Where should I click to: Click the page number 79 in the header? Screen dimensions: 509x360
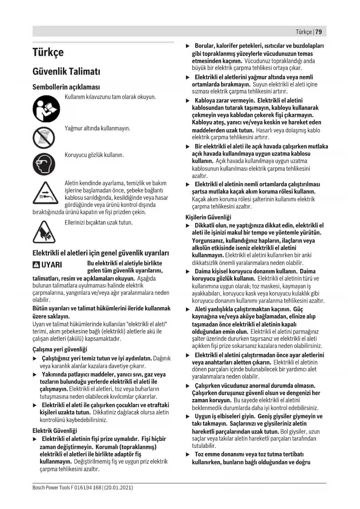(x=319, y=32)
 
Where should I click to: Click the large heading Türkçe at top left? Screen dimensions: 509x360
(x=48, y=52)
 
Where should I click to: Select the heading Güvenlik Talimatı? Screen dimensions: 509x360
(x=66, y=71)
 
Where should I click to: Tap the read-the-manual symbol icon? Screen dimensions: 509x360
(x=46, y=109)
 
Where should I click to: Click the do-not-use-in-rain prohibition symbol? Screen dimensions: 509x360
(x=44, y=138)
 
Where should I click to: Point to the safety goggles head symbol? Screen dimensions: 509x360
(x=44, y=164)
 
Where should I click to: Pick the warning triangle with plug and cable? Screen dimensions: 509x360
(x=44, y=193)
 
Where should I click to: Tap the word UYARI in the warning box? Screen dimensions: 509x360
(x=51, y=265)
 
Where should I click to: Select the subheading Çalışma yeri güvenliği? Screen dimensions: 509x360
(x=60, y=349)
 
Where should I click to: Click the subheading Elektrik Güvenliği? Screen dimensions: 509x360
(x=55, y=431)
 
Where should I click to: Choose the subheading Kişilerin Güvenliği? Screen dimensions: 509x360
(x=208, y=217)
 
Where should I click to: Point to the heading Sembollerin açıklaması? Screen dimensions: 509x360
(x=66, y=87)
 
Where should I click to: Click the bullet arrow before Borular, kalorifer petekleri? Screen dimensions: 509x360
(x=187, y=46)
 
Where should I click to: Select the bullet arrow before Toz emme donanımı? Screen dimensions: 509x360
(x=187, y=454)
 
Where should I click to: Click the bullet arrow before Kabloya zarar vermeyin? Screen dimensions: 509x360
(x=187, y=101)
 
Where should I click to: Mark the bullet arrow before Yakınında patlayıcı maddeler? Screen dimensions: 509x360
(x=35, y=375)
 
